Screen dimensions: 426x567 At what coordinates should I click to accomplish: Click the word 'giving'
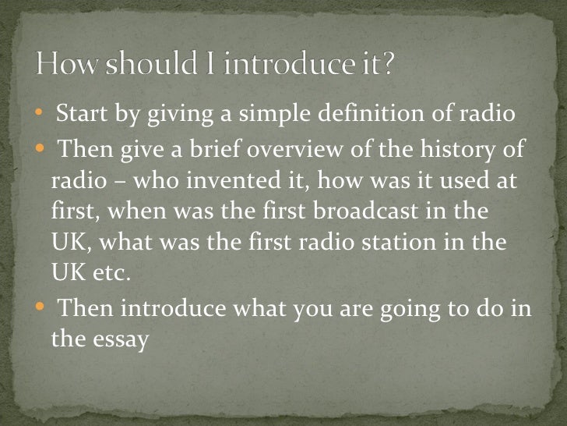point(171,117)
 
